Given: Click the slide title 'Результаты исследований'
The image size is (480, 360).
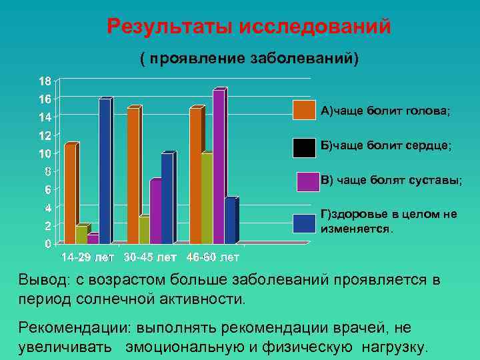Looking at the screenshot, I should (x=248, y=27).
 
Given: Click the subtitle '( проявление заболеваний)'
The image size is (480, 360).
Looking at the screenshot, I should (x=248, y=58).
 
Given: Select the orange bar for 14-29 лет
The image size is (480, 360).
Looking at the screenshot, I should (x=71, y=193).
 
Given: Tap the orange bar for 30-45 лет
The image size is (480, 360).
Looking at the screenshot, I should (x=133, y=175).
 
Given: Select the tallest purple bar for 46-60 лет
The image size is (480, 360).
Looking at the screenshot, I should (x=219, y=167).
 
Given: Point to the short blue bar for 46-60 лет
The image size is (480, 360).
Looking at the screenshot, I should (x=230, y=221).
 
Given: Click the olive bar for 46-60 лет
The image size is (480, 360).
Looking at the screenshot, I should (x=207, y=198).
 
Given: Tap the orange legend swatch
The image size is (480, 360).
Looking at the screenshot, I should (x=304, y=109).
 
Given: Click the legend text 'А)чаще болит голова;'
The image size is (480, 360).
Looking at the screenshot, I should (x=385, y=111).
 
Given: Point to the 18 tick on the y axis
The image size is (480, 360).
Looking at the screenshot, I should (x=44, y=81).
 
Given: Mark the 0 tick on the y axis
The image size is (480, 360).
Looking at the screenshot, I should (x=47, y=244).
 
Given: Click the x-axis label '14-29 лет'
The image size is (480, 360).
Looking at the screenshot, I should (x=87, y=257).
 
